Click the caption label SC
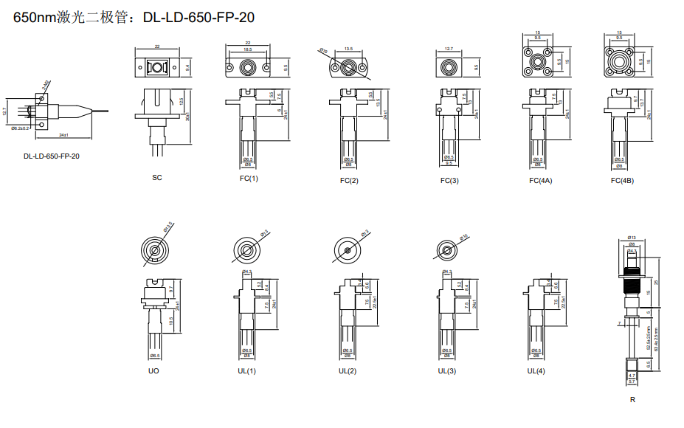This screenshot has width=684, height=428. coord(157,178)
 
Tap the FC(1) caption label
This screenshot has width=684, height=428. coord(249,179)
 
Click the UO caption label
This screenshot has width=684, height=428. coord(153,370)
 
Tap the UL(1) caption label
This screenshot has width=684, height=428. coord(247,370)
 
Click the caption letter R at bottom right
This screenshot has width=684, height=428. coord(632,400)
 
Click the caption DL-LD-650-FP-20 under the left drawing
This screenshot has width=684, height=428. coord(52,156)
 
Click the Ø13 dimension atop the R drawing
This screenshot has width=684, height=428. coord(631,237)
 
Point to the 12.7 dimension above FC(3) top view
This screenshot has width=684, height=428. coord(449,49)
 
